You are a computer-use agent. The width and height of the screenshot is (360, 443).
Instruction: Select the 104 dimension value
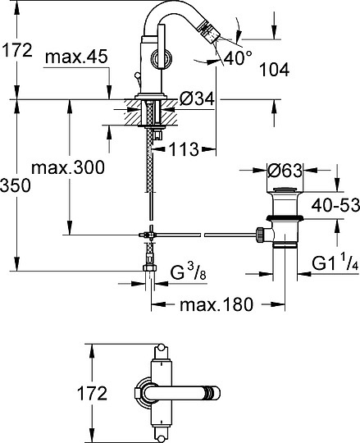(273, 71)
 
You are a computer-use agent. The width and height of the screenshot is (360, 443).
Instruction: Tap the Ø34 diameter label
(196, 99)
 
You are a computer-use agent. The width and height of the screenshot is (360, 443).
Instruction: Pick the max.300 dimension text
(67, 168)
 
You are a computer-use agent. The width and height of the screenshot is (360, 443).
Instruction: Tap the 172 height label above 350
(17, 50)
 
